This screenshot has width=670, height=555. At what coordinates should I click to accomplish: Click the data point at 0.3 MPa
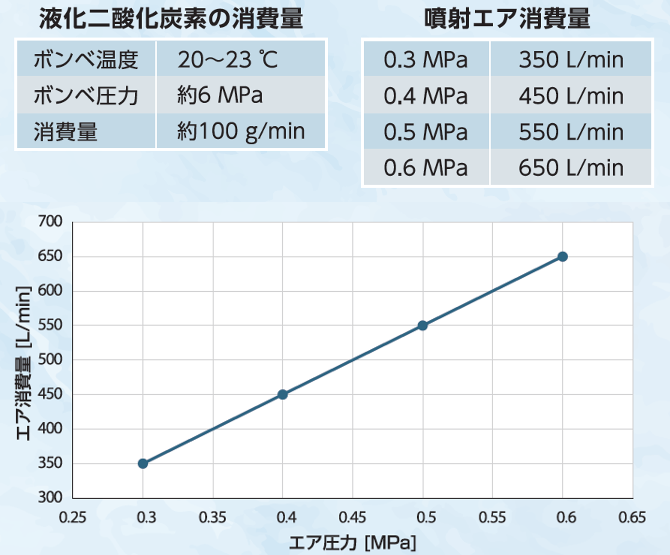143,463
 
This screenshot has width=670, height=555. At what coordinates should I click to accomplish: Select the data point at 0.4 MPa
282,394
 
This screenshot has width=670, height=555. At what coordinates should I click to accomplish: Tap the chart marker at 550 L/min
422,325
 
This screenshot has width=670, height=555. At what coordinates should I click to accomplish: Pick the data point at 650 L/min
563,256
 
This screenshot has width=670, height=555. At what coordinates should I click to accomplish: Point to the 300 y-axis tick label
50,497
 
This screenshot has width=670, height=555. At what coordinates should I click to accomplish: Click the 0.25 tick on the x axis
73,517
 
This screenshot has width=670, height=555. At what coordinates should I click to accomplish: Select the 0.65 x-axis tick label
632,517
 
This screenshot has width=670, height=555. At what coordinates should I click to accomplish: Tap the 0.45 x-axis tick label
352,517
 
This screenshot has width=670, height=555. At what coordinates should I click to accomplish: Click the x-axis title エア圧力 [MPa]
352,542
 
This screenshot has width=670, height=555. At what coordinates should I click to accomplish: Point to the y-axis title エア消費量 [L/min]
24,363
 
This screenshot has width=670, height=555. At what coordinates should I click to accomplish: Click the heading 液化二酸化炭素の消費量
171,19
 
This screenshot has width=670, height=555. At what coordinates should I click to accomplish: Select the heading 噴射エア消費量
507,19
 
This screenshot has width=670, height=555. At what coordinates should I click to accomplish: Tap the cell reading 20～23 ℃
228,60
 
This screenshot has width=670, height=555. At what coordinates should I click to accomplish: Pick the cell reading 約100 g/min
241,131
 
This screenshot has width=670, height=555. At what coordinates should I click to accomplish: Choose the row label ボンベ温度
86,60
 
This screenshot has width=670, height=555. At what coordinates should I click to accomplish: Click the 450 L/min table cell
571,96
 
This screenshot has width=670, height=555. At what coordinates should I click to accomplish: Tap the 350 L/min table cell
571,60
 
